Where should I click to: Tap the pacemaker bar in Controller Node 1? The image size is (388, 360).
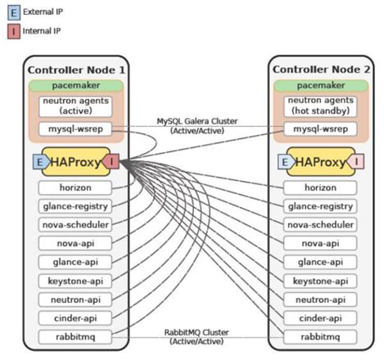75,84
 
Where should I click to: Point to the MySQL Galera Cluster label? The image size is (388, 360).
197,125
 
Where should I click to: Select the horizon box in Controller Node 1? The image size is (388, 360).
75,187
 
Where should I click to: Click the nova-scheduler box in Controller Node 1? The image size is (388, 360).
75,225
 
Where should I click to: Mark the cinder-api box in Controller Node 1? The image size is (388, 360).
75,317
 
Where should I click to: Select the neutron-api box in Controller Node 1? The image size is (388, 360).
75,299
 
